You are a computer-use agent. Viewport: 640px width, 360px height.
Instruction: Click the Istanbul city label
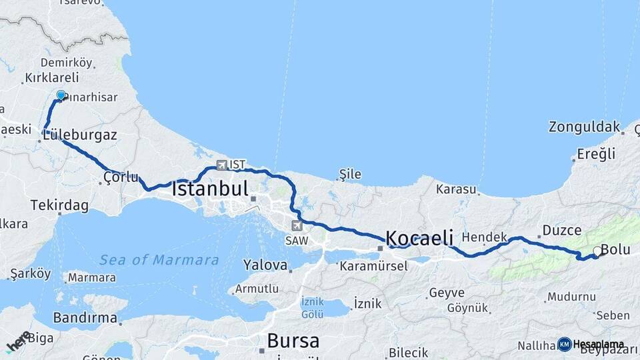pyautogui.click(x=210, y=189)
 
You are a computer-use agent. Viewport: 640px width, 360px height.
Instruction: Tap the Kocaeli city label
pyautogui.click(x=420, y=238)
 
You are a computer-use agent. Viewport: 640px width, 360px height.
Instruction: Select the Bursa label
pyautogui.click(x=293, y=341)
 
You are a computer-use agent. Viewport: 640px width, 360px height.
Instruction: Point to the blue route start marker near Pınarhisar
pyautogui.click(x=61, y=95)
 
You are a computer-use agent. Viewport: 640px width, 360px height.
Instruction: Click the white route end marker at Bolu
pyautogui.click(x=597, y=251)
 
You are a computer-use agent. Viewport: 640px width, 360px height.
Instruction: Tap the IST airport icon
pyautogui.click(x=221, y=164)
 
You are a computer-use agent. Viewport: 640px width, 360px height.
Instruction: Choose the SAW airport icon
pyautogui.click(x=297, y=225)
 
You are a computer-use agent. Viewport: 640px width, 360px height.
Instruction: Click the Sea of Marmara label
pyautogui.click(x=159, y=259)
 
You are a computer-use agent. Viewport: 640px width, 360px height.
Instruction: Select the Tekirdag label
pyautogui.click(x=59, y=205)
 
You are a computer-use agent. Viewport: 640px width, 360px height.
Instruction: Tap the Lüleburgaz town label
pyautogui.click(x=79, y=135)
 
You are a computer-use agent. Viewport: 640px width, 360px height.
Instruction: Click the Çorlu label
pyautogui.click(x=121, y=177)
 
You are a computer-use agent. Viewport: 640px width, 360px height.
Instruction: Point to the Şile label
pyautogui.click(x=350, y=175)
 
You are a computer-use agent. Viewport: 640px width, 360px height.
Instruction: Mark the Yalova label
pyautogui.click(x=265, y=265)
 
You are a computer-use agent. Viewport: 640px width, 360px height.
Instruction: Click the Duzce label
pyautogui.click(x=562, y=230)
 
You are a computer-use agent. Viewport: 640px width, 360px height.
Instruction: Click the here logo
pyautogui.click(x=18, y=341)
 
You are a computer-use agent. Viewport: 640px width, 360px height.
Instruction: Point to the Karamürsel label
pyautogui.click(x=373, y=266)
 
